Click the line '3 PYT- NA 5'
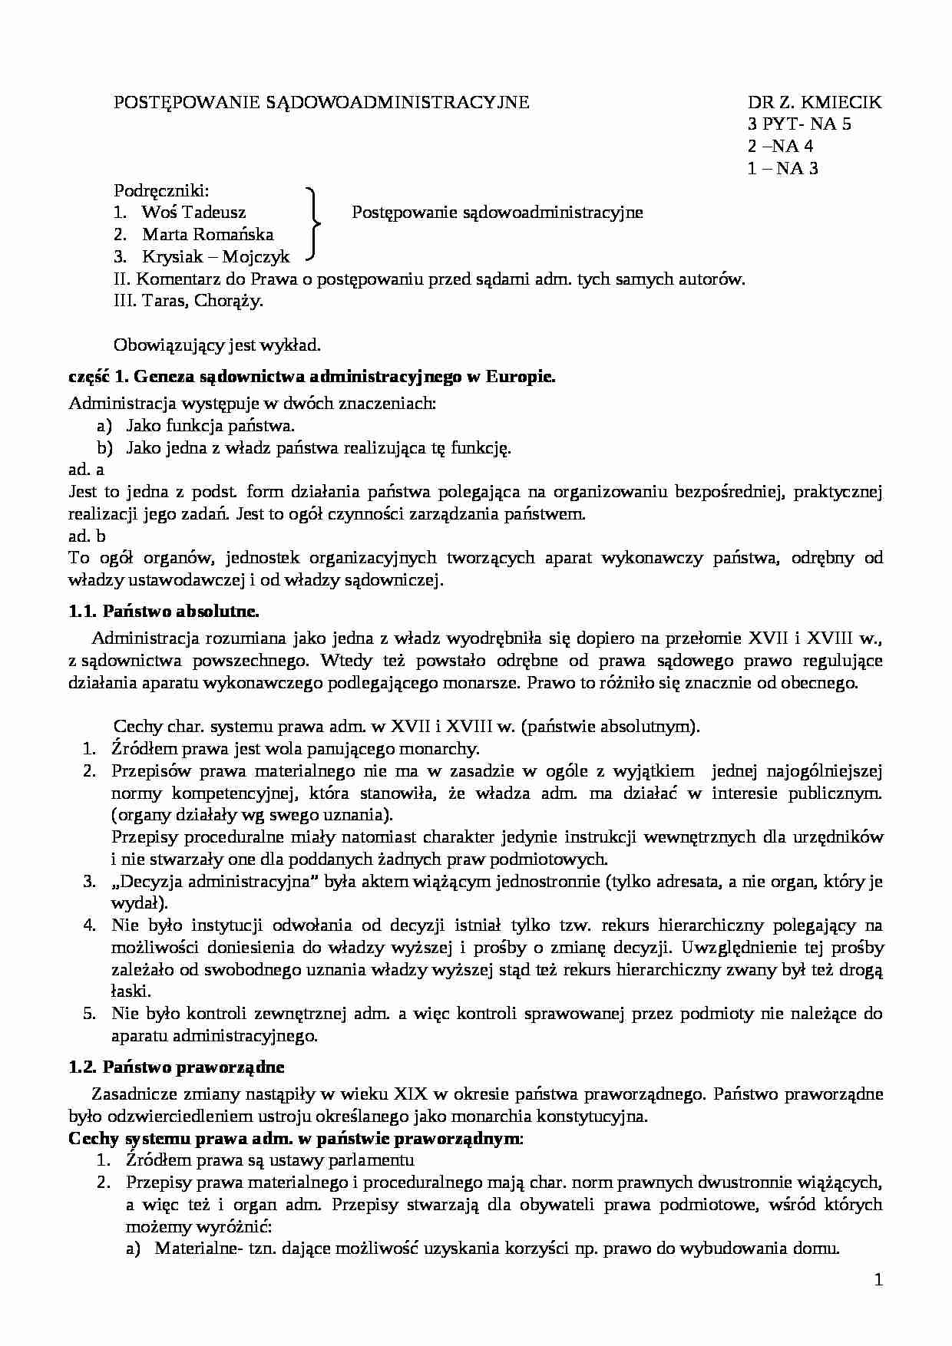799,124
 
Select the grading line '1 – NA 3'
782,169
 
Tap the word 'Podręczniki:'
161,190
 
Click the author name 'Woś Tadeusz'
193,213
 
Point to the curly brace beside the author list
312,223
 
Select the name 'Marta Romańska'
207,235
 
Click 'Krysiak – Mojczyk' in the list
216,257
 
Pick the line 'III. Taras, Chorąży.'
188,301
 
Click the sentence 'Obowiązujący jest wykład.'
217,345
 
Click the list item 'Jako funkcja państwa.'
210,426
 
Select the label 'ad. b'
86,536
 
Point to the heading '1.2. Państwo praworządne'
176,1067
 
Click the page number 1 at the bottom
878,1279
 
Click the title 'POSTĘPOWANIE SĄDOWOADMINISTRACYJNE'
321,102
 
